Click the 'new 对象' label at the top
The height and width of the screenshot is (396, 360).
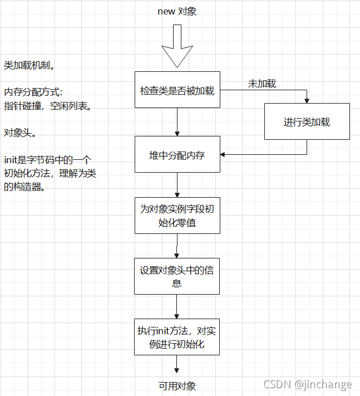[177, 11]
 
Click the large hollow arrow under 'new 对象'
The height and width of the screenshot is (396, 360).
[177, 46]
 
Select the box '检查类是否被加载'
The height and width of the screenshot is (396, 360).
[177, 90]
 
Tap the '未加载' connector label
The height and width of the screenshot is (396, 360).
[262, 84]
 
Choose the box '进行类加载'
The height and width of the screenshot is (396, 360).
[307, 121]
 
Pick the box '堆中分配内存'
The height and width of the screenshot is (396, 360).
[177, 154]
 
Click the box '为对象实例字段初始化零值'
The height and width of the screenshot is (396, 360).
[177, 216]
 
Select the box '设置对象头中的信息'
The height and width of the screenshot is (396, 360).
[177, 276]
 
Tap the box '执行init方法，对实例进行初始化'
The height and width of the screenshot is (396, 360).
[177, 337]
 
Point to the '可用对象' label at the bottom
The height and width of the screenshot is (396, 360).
[177, 386]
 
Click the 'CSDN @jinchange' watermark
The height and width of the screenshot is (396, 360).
[308, 385]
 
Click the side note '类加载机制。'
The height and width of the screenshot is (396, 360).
[29, 65]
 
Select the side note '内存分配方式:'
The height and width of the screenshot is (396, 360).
[33, 92]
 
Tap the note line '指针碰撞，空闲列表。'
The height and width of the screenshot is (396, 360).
[47, 106]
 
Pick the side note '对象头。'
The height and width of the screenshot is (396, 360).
[20, 133]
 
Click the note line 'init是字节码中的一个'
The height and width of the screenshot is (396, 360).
[48, 160]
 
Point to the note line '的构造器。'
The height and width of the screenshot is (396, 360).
[24, 187]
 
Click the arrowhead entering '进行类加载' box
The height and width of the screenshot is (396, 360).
[307, 100]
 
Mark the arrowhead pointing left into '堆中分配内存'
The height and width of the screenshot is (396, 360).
[223, 155]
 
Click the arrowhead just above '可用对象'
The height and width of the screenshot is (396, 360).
[176, 370]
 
